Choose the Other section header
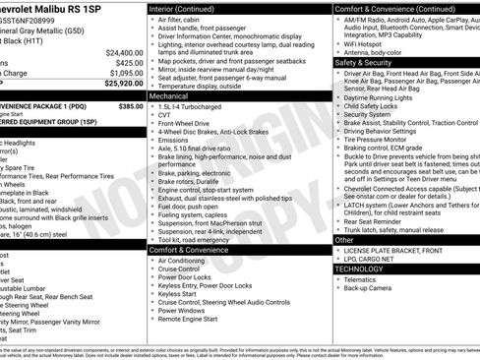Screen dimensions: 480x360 pyautogui.click(x=344, y=239)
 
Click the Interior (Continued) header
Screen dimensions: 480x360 pyautogui.click(x=189, y=8)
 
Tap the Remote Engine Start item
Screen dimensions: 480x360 pyautogui.click(x=194, y=319)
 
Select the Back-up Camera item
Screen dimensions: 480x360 pyautogui.click(x=370, y=287)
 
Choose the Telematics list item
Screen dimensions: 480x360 pyautogui.click(x=361, y=278)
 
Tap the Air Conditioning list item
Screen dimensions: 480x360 pyautogui.click(x=182, y=261)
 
